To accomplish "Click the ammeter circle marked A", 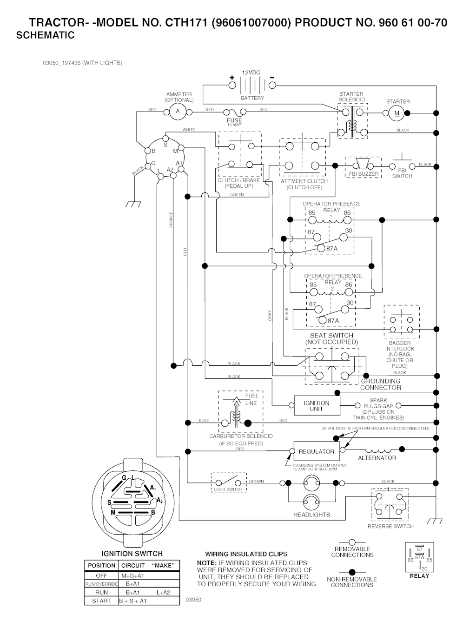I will pos(177,111).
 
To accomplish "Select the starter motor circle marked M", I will pos(397,113).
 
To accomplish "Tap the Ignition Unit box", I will pos(317,406).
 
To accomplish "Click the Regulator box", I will pos(317,451).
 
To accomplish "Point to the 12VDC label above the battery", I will pos(251,73).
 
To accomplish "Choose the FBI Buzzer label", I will pos(364,174).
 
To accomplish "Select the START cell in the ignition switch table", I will pos(101,601).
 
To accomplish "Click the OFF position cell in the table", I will pos(101,575).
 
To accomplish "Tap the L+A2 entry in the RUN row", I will pos(163,592).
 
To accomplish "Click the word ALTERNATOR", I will pos(377,458).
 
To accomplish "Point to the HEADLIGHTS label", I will pos(311,515).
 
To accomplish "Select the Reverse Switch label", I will pos(390,526).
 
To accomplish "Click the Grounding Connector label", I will pos(381,384).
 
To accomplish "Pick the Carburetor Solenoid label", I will pos(241,436).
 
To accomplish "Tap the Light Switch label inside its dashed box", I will pos(228,489).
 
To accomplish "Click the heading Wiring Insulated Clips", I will pos(246,554).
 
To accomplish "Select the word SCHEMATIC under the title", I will pos(46,35).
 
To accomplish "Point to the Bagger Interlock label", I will pos(399,346).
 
